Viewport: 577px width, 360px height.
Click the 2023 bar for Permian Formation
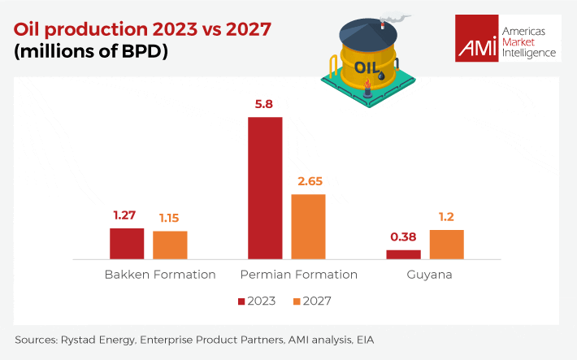coord(265,188)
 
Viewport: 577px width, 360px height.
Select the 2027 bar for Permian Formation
coord(308,227)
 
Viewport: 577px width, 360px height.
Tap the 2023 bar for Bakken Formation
coord(127,243)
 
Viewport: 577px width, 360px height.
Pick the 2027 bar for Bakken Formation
coord(170,245)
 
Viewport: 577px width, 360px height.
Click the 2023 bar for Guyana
coord(403,254)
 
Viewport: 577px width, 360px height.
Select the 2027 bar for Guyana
coord(446,244)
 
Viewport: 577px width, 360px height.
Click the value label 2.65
coord(308,182)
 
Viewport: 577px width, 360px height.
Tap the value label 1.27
coord(127,216)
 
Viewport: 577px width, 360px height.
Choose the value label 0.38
coord(403,237)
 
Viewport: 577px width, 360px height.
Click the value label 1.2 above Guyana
coord(446,218)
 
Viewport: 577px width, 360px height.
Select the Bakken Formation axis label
coord(160,275)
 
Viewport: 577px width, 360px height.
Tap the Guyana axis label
coord(429,275)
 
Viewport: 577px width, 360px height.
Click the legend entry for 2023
coord(257,301)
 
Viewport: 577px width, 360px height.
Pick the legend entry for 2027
coord(312,301)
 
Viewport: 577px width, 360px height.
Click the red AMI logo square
coord(477,38)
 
